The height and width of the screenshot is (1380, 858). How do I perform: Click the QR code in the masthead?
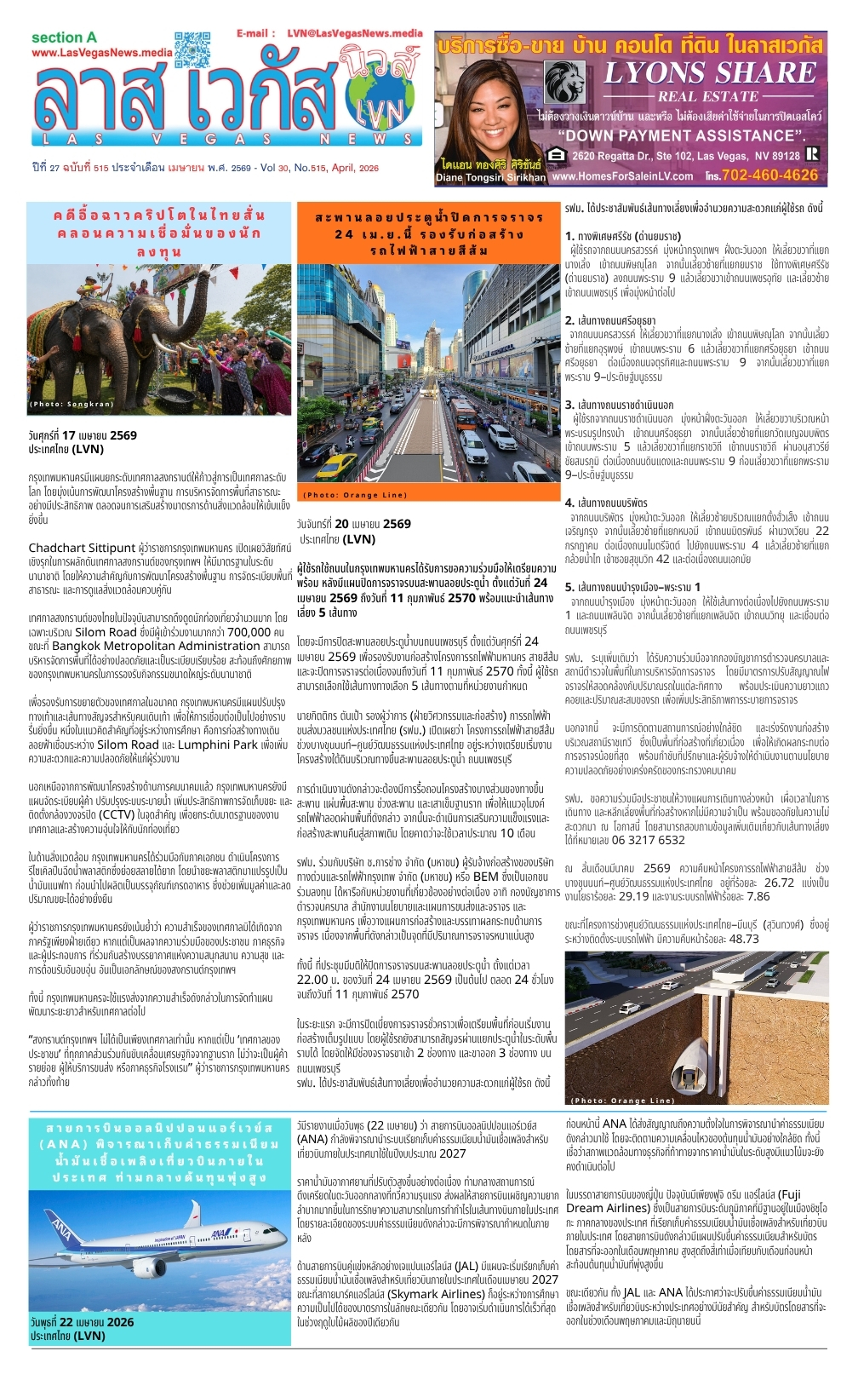(192, 49)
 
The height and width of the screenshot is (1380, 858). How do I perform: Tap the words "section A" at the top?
(64, 37)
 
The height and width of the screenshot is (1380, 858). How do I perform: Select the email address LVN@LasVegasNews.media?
(354, 33)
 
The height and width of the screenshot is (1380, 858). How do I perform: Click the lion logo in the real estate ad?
(563, 82)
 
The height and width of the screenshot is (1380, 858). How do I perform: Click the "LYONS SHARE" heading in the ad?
(710, 72)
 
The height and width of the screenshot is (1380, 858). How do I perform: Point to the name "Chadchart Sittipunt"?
(82, 548)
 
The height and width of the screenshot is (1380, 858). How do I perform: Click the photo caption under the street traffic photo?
(355, 495)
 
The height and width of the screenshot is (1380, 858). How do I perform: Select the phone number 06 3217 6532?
(648, 840)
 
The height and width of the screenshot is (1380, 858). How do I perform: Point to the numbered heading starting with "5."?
(632, 587)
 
